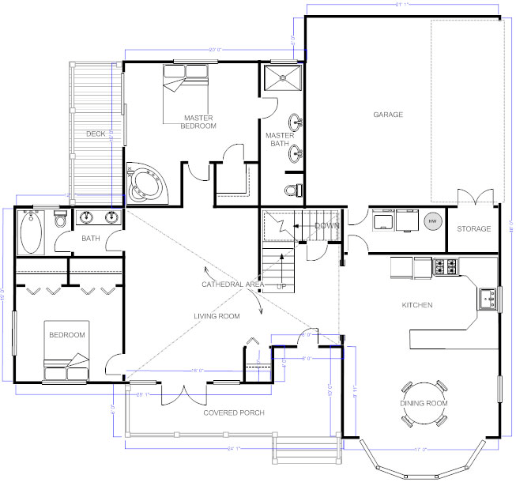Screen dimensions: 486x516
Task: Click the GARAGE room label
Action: [x=388, y=115]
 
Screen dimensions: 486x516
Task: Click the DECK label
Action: [x=96, y=134]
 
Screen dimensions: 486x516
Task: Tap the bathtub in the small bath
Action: [x=32, y=232]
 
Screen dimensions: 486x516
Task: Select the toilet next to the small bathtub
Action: [x=60, y=220]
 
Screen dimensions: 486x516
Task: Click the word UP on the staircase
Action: [x=281, y=287]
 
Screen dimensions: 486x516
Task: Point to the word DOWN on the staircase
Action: [x=326, y=225]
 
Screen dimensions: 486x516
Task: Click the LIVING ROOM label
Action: [x=217, y=316]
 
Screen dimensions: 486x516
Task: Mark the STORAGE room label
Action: [x=473, y=229]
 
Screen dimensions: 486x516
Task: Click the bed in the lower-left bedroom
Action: [x=69, y=363]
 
